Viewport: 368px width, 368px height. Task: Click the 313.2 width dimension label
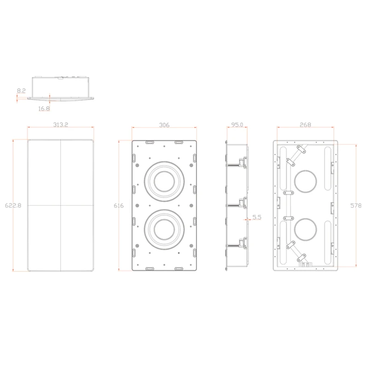click(x=61, y=125)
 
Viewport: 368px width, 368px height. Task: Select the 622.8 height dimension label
click(x=13, y=206)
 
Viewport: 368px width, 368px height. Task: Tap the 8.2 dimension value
click(x=21, y=91)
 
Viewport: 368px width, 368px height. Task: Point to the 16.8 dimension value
click(x=44, y=109)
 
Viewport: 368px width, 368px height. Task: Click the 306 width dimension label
click(x=164, y=125)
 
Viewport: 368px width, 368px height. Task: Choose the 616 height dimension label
click(x=119, y=206)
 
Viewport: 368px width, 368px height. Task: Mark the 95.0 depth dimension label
click(x=237, y=125)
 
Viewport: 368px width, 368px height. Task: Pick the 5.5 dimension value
click(x=257, y=217)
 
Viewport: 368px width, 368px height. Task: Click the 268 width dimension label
click(x=305, y=125)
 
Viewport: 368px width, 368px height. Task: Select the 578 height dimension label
click(x=356, y=206)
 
